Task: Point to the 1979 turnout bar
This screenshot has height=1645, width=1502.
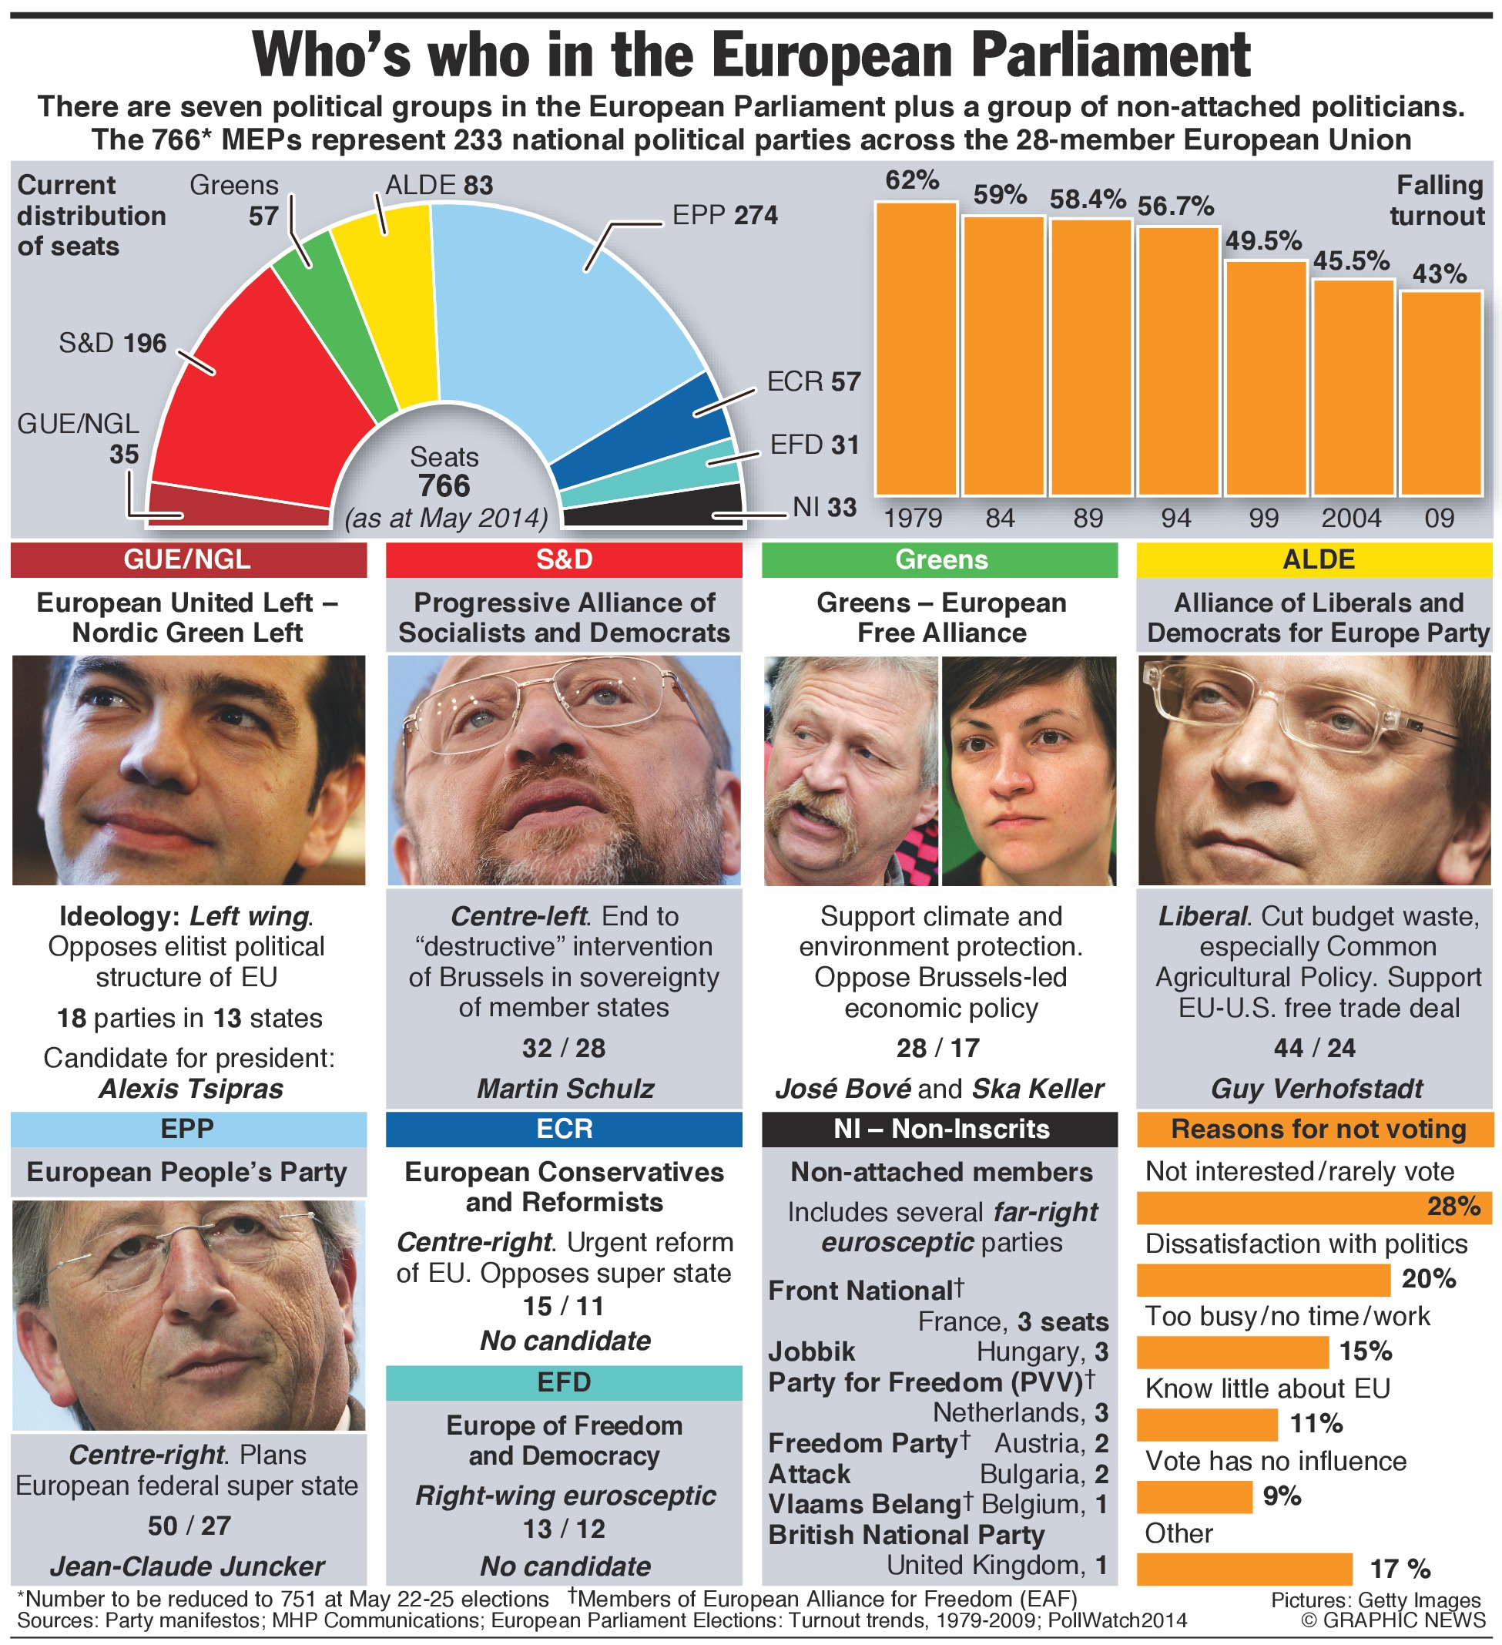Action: (915, 351)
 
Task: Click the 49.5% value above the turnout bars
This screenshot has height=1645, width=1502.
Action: (1263, 240)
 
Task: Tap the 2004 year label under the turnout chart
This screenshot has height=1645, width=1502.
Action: (1351, 518)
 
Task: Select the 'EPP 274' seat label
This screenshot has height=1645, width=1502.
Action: (725, 216)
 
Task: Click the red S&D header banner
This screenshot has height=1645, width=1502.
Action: (564, 559)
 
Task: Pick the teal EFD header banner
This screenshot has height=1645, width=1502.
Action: (564, 1382)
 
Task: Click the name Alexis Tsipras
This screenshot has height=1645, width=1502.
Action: (191, 1089)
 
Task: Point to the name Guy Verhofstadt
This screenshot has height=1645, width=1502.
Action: (1317, 1089)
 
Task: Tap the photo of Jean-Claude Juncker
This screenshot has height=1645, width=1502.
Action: (189, 1314)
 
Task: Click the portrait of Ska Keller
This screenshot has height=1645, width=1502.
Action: (1028, 770)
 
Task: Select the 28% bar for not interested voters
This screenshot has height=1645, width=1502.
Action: (1313, 1207)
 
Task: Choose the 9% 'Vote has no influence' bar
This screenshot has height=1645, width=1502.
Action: (1194, 1496)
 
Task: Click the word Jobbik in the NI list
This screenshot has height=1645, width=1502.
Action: (811, 1352)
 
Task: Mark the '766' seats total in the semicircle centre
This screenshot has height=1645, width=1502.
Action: (444, 486)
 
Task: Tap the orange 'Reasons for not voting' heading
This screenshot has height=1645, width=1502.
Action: (1318, 1130)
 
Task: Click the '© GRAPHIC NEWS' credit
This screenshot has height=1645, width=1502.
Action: (1393, 1620)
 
